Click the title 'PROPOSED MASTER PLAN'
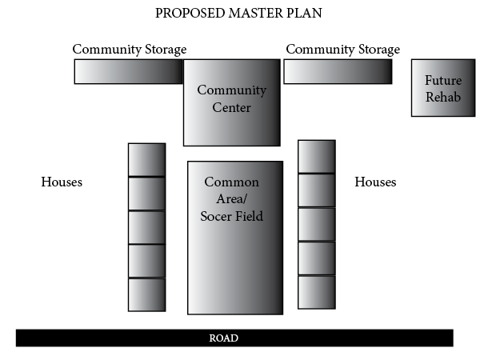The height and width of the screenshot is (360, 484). [239, 14]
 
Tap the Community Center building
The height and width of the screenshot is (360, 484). [232, 102]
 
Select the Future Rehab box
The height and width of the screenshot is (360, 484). [443, 88]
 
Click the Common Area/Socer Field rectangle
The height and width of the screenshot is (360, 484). [235, 238]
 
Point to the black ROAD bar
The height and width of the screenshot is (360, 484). [234, 338]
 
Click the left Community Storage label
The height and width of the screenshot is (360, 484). [130, 49]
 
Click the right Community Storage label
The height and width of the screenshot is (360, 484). [342, 49]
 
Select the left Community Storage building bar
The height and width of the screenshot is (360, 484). [128, 72]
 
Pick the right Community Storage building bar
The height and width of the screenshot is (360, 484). [338, 72]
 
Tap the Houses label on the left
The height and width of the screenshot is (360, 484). [62, 182]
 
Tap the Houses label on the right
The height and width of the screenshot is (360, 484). [375, 182]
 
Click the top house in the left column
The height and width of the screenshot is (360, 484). [146, 159]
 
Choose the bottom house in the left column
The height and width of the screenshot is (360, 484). [146, 294]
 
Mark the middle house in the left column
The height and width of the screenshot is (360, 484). [146, 227]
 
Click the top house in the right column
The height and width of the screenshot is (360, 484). [317, 156]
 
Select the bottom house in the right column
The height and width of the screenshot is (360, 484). [317, 292]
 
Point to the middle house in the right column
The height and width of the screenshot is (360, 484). [317, 224]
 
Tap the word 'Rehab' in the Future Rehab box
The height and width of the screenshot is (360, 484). [443, 95]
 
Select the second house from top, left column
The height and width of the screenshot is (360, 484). [146, 194]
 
